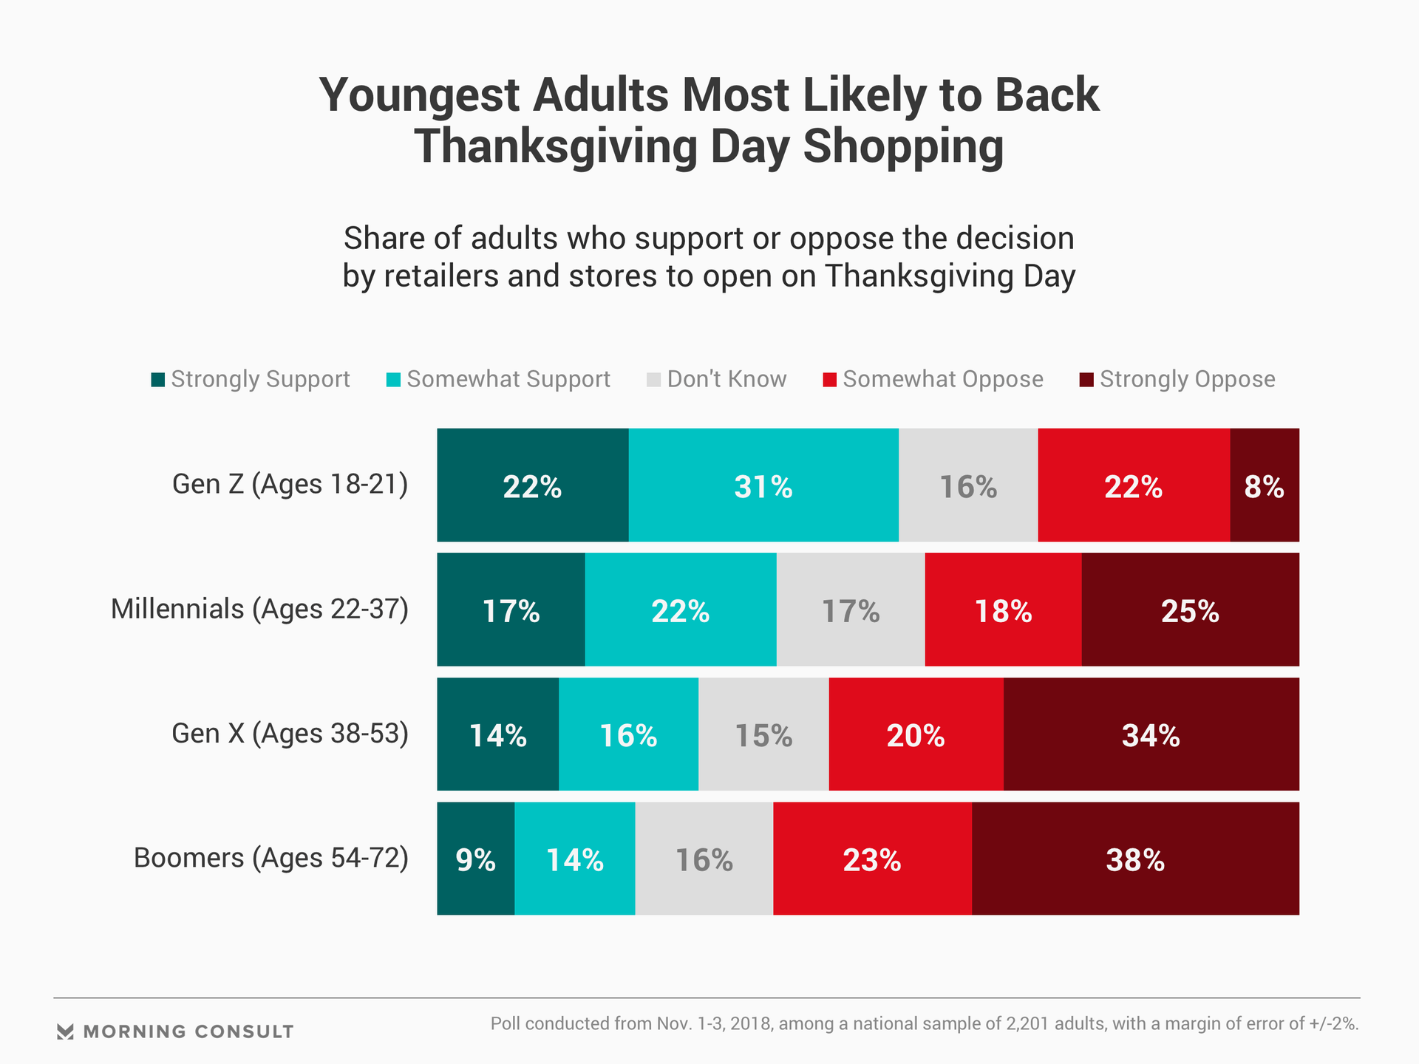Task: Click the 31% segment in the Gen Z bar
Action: [x=763, y=485]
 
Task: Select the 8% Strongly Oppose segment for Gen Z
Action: [x=1265, y=485]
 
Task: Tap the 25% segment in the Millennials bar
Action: [x=1190, y=610]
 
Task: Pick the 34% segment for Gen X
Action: [x=1151, y=734]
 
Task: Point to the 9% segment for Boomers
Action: [x=475, y=859]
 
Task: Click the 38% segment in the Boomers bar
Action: [x=1135, y=859]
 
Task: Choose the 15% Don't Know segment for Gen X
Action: [x=763, y=734]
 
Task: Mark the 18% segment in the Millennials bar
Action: [x=1003, y=610]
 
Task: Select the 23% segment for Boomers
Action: [x=872, y=859]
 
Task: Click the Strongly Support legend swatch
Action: [x=158, y=380]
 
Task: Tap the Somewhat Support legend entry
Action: [x=499, y=379]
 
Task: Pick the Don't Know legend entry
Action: [x=717, y=379]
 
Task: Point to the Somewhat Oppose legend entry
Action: [x=933, y=379]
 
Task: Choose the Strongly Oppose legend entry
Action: [x=1178, y=379]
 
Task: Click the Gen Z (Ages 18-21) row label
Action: [x=290, y=485]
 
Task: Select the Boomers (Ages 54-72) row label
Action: [x=270, y=859]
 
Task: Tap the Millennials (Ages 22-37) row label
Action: [x=259, y=610]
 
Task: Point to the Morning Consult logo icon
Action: [x=65, y=1031]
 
